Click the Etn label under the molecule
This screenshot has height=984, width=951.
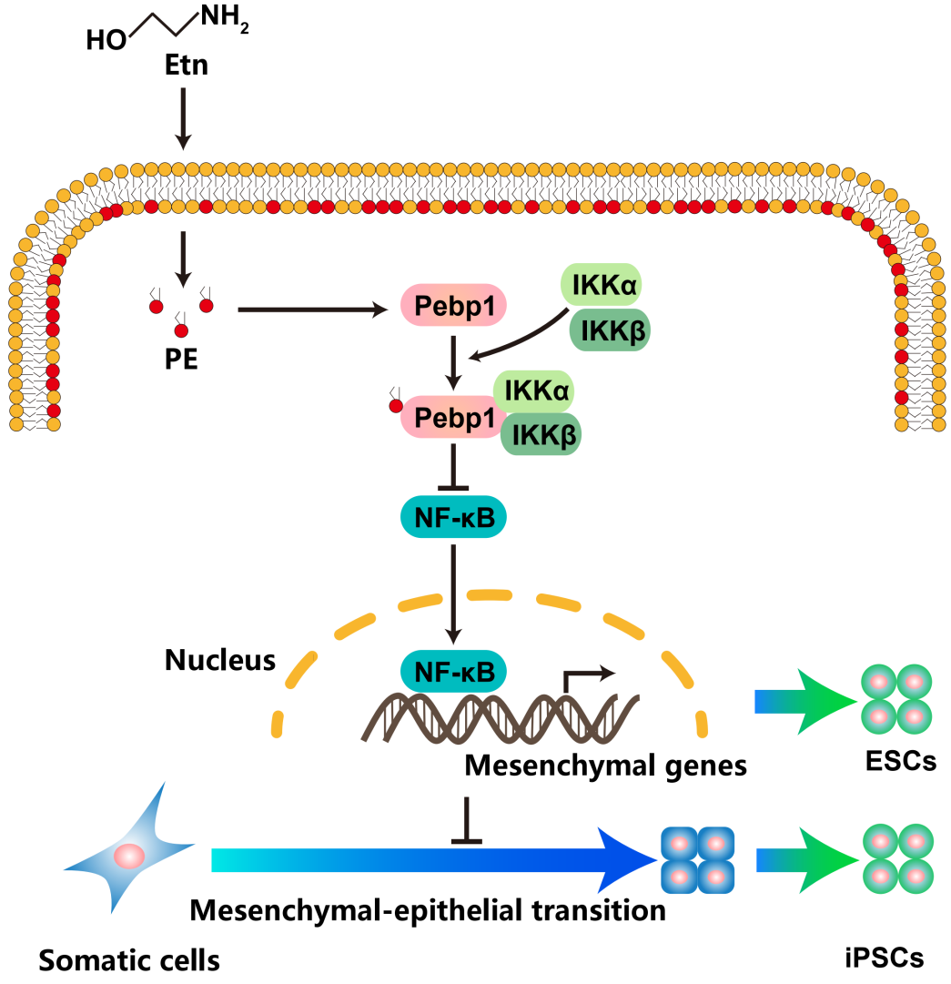[186, 65]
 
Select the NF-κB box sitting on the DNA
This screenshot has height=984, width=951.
[453, 671]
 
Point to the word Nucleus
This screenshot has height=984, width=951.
[220, 660]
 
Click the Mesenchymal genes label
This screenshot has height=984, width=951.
[605, 766]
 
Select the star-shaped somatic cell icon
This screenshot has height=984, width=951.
[127, 853]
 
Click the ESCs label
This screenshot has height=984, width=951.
[901, 760]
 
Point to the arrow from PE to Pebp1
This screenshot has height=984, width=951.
[310, 310]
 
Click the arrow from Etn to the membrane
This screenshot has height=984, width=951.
[183, 117]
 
